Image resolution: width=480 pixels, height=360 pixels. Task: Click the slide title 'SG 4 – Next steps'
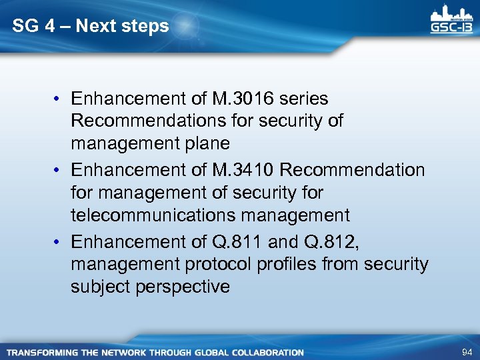pos(91,27)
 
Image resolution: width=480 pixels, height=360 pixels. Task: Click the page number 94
pos(465,351)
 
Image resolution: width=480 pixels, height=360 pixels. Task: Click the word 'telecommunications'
pos(153,215)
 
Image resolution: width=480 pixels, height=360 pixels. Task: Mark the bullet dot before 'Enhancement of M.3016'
pos(59,99)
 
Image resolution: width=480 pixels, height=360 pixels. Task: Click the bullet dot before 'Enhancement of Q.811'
pos(59,241)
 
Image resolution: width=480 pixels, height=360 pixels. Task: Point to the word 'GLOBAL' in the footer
pos(209,352)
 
